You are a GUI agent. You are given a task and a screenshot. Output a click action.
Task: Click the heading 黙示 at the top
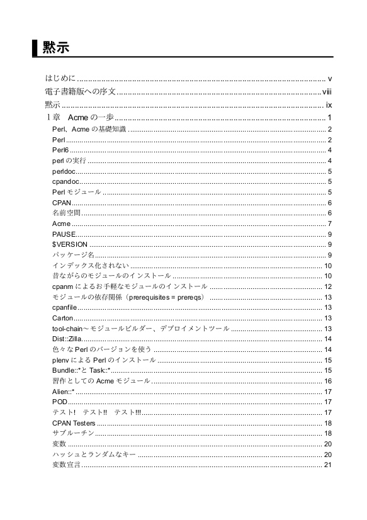(56, 48)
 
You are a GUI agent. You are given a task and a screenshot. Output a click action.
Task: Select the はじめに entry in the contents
(60, 78)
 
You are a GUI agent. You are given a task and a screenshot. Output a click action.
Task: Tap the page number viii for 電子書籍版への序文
(327, 91)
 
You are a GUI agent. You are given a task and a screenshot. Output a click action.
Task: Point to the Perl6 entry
(60, 150)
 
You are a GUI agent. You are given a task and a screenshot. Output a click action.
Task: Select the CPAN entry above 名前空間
(62, 203)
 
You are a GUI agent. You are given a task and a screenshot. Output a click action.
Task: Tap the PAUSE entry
(64, 234)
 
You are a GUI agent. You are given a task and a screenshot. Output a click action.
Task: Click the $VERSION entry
(70, 244)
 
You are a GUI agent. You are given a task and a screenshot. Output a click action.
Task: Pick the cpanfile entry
(65, 307)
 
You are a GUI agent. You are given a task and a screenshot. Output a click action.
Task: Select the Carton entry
(63, 318)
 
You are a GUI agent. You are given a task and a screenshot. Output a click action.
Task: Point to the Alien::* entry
(63, 392)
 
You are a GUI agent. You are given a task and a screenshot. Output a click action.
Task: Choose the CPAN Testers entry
(74, 423)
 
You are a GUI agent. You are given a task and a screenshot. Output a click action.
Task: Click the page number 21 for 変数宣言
(327, 465)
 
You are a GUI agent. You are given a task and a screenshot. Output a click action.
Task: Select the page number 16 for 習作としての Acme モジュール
(327, 381)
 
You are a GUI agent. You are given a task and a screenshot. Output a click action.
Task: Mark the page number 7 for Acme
(329, 223)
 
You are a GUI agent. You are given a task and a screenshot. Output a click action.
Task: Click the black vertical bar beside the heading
(35, 48)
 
